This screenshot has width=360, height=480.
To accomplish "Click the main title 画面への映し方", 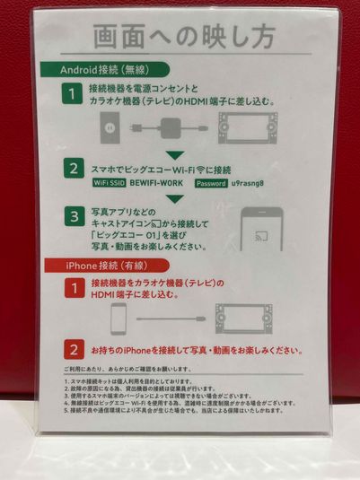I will (180, 39).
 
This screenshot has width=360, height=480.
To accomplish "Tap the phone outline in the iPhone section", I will (118, 319).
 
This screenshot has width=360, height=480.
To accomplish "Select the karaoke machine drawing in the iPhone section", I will (244, 317).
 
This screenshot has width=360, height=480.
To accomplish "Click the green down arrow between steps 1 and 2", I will (176, 153).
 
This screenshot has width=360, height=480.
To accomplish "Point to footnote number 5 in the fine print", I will (68, 410).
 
